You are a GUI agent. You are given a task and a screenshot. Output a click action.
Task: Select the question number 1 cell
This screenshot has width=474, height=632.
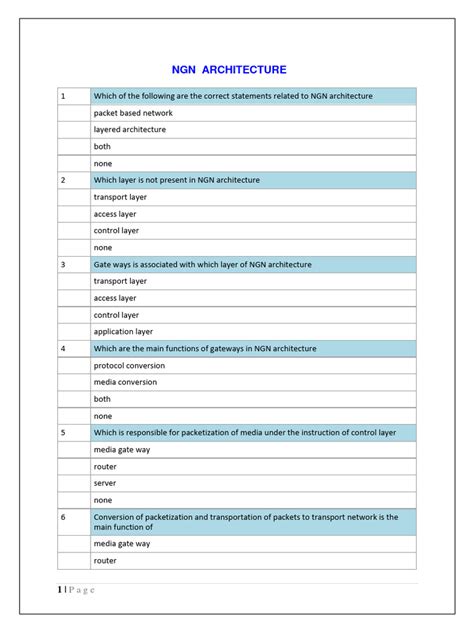[x=73, y=96]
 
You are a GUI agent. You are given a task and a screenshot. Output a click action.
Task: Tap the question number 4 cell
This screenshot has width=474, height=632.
[x=73, y=349]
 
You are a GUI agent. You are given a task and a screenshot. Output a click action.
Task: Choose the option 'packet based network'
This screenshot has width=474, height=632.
[x=133, y=113]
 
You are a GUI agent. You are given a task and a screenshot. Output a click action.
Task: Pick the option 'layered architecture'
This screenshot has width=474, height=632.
[x=130, y=130]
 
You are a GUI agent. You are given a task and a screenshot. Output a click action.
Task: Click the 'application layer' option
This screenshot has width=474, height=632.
[x=123, y=332]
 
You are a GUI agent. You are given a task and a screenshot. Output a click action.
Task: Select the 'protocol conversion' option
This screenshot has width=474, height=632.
[x=129, y=366]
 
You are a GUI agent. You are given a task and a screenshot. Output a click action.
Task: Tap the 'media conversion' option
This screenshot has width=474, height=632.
[x=125, y=383]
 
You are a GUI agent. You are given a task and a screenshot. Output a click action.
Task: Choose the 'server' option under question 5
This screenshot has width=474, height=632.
[x=106, y=484]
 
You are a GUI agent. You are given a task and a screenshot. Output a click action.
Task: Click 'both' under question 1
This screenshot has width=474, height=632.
[x=103, y=147]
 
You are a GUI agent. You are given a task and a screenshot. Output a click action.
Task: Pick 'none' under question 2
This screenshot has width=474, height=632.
[x=103, y=248]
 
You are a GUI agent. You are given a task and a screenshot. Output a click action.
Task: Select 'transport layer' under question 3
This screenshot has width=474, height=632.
[x=120, y=281]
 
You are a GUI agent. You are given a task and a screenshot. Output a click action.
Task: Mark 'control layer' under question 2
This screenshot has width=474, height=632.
[x=116, y=231]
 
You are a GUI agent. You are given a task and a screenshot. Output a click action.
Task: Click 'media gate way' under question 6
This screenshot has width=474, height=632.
[x=122, y=544]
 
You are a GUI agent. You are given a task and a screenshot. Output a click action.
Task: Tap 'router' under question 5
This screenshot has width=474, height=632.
[x=105, y=467]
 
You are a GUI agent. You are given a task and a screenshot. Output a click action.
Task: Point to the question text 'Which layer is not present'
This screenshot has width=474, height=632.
[x=176, y=180]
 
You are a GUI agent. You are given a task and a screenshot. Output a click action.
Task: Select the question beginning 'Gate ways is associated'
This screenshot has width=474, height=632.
[x=202, y=264]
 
